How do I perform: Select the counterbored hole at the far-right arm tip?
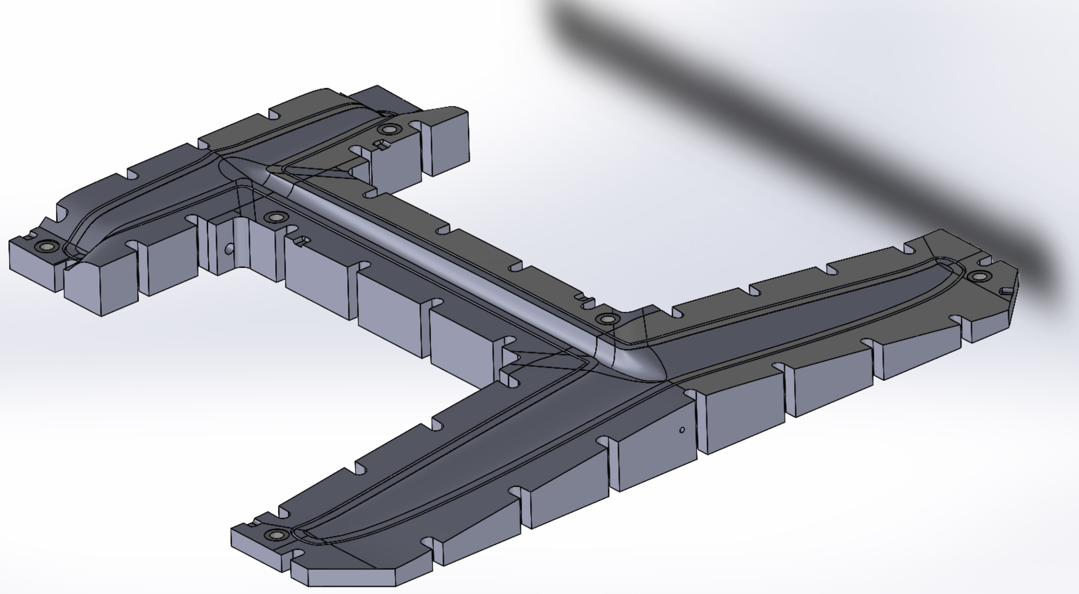(x=979, y=276)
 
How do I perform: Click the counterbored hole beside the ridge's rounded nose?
(x=607, y=319)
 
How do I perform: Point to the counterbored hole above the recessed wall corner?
(x=275, y=217)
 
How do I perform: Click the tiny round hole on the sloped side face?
(x=682, y=430)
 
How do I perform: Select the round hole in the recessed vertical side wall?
(x=229, y=249)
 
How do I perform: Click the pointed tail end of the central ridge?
(x=228, y=161)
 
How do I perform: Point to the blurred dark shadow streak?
(x=796, y=126)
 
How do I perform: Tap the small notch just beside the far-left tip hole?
(x=29, y=237)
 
